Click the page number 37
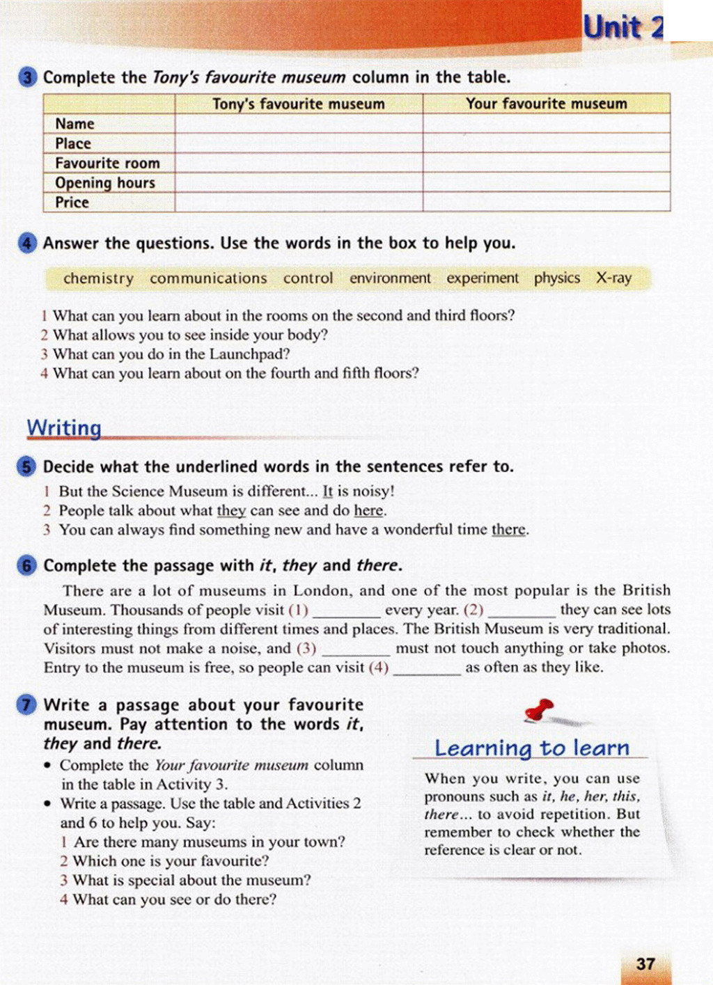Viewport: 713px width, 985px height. click(x=645, y=963)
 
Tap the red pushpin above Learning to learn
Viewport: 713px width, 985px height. click(x=540, y=711)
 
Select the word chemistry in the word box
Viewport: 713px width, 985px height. click(x=98, y=278)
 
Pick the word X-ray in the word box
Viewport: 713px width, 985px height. click(x=613, y=278)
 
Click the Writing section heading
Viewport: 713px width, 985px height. click(x=64, y=427)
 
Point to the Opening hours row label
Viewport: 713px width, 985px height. click(x=105, y=183)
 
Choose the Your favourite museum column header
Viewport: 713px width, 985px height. click(x=547, y=104)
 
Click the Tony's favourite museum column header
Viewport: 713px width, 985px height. click(x=298, y=104)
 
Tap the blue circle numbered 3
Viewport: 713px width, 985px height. click(x=27, y=77)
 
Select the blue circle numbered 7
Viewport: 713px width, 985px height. click(x=27, y=705)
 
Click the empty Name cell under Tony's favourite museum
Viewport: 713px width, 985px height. click(x=298, y=124)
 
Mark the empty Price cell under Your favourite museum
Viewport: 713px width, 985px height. click(x=547, y=203)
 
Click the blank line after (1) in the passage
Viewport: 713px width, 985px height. click(x=346, y=612)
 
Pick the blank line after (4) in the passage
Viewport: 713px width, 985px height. click(x=426, y=669)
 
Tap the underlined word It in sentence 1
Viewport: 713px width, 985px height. click(x=328, y=491)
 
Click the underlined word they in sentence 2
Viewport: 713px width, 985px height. click(x=231, y=511)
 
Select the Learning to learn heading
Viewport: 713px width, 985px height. click(x=531, y=748)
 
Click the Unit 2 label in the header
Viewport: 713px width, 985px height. click(x=622, y=28)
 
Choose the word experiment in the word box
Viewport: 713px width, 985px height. click(x=483, y=278)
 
